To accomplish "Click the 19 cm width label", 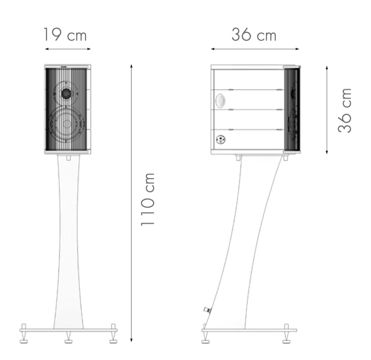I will coord(65,35).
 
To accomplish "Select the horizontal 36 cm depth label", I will coord(254,35).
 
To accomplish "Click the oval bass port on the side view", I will coord(220,100).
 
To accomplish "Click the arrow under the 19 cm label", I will coord(68,49).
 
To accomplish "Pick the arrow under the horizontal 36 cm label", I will coord(255,49).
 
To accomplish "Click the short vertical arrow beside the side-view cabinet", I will coord(327,110).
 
